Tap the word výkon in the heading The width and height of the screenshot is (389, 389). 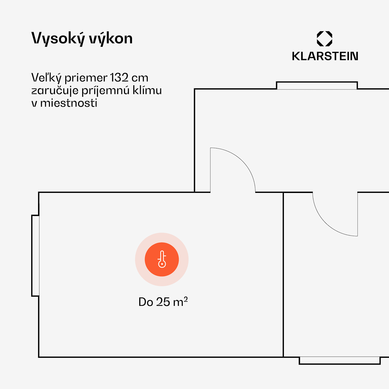tap(111, 39)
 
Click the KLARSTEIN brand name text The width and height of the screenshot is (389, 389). tap(325, 56)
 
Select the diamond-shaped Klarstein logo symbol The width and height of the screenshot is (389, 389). tap(324, 39)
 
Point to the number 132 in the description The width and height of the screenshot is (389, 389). tap(119, 78)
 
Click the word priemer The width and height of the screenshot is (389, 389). tap(86, 78)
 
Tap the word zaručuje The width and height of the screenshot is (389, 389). tap(55, 91)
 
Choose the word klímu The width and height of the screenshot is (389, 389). tap(147, 90)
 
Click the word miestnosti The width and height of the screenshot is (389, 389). tap(68, 103)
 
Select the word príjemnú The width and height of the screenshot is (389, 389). tap(106, 91)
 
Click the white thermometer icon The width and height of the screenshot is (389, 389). tap(162, 259)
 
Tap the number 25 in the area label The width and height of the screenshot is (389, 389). tap(163, 302)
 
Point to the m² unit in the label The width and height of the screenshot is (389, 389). tap(180, 301)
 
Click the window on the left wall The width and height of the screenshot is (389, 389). tap(36, 255)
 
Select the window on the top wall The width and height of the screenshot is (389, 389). tap(317, 86)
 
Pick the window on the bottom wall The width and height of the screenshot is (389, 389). tap(339, 360)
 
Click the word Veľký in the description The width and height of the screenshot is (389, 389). tap(46, 78)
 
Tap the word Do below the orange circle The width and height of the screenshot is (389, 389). tap(145, 302)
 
